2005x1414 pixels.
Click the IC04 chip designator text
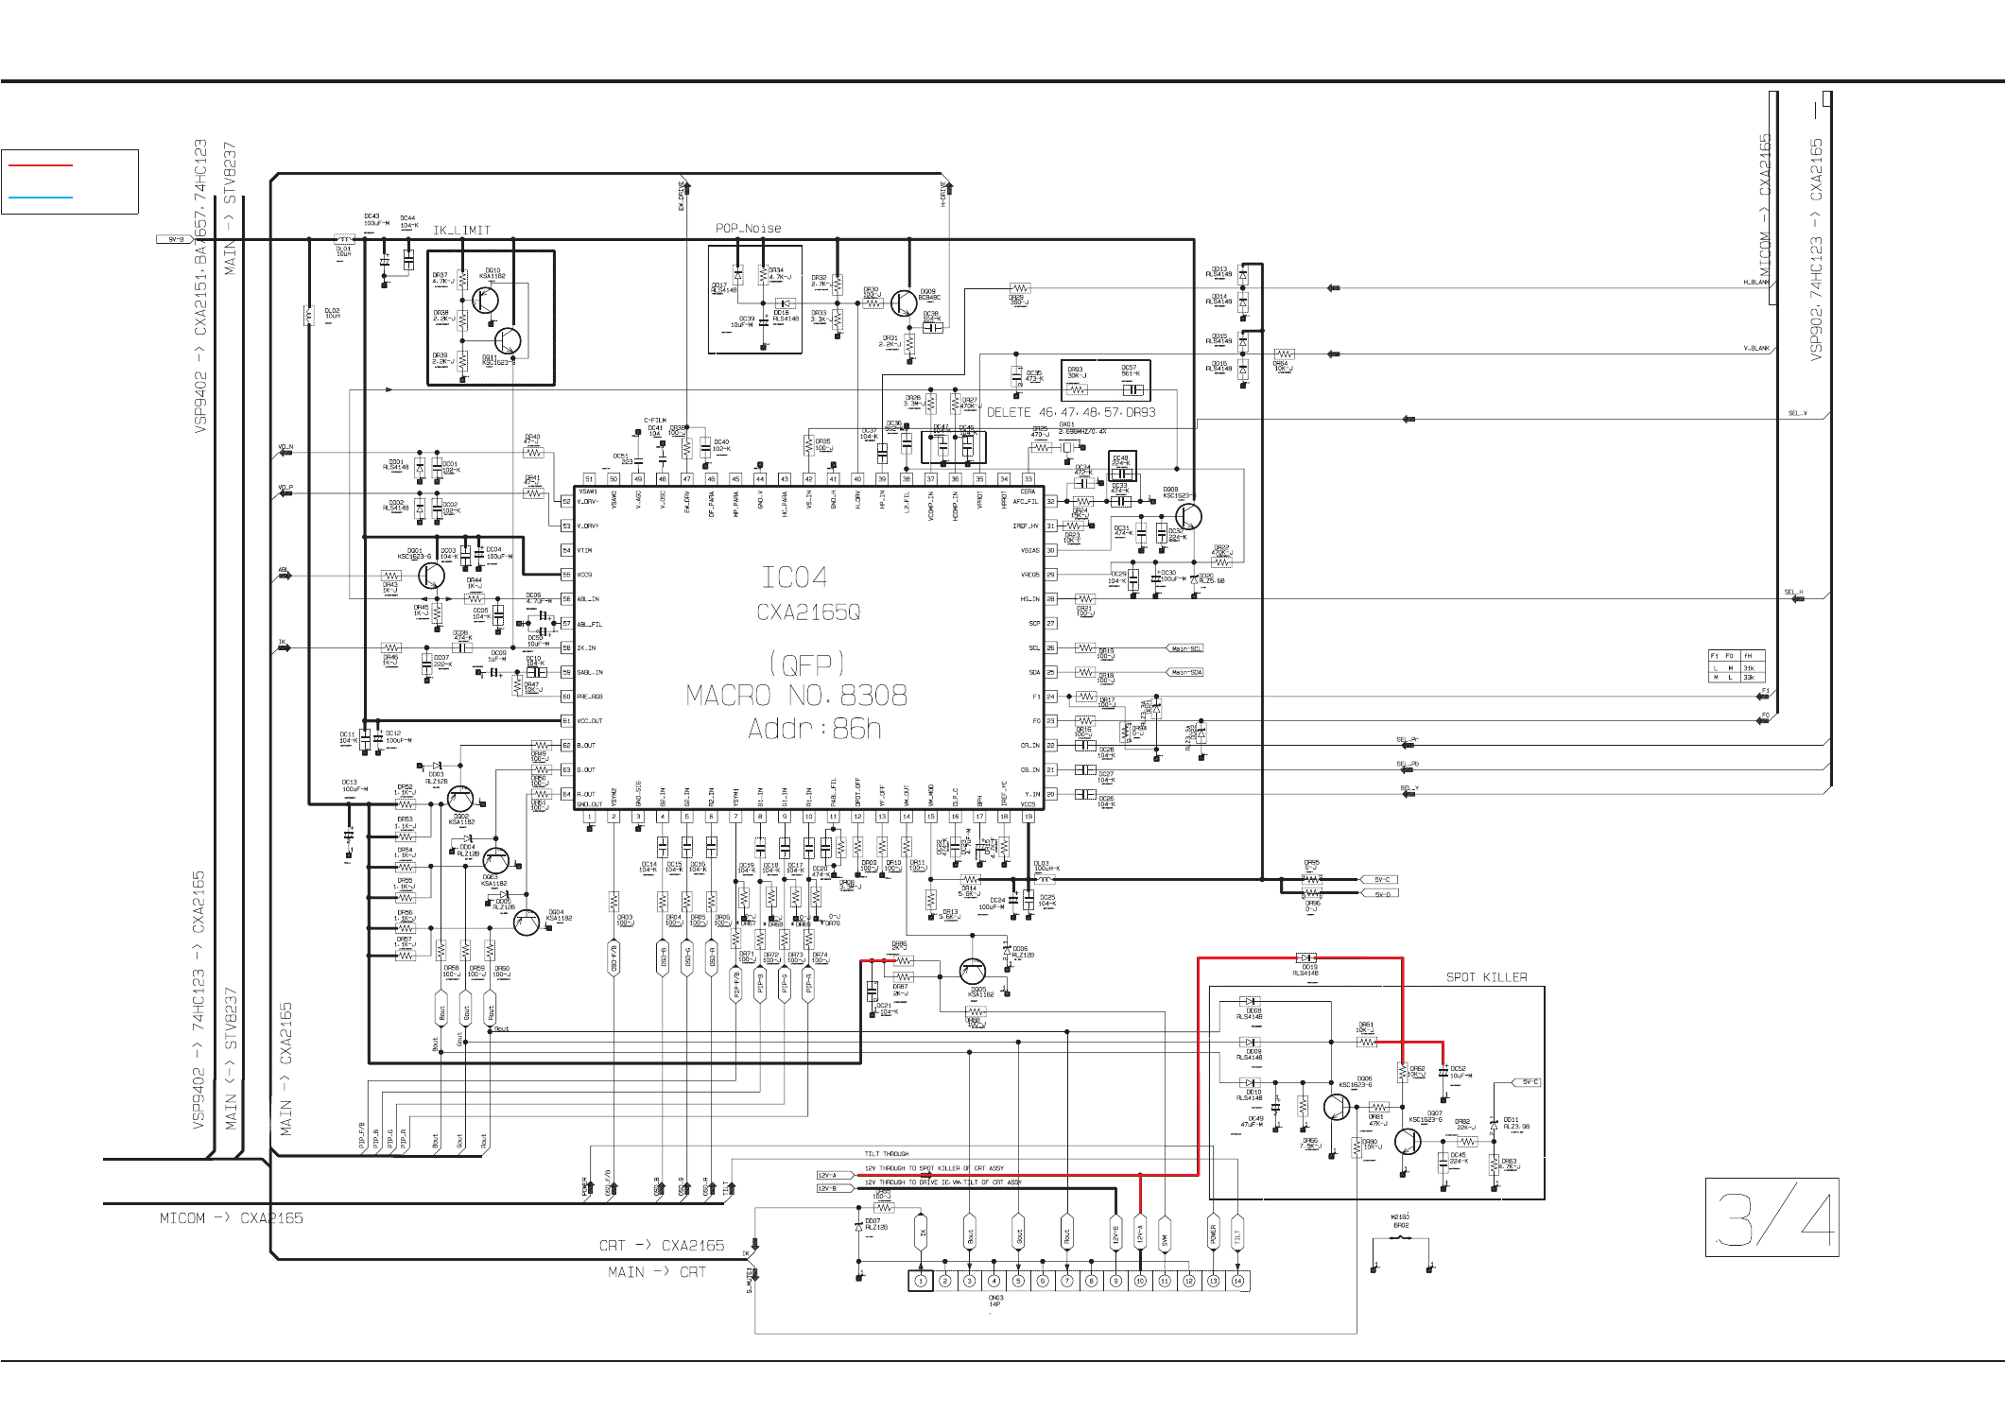point(794,577)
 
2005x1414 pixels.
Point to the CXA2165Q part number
point(808,612)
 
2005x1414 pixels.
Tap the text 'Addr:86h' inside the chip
point(814,729)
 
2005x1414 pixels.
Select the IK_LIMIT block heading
point(461,230)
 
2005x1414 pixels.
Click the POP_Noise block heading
point(748,228)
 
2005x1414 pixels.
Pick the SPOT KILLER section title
point(1486,976)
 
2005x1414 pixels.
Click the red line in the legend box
point(41,165)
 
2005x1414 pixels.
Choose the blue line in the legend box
point(41,198)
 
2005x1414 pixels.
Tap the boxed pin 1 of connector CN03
point(920,1281)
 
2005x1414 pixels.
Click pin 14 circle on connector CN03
point(1237,1281)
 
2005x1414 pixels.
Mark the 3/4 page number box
point(1772,1217)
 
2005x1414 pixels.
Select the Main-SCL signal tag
point(1186,648)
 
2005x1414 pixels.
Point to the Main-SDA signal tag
point(1186,672)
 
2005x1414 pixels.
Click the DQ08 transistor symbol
point(1188,517)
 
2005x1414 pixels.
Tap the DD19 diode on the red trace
point(1306,958)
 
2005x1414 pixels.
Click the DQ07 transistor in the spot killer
point(1407,1141)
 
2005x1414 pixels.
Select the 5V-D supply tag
point(1382,894)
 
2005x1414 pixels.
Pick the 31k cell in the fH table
point(1749,667)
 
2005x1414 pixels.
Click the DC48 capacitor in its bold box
point(1121,472)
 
